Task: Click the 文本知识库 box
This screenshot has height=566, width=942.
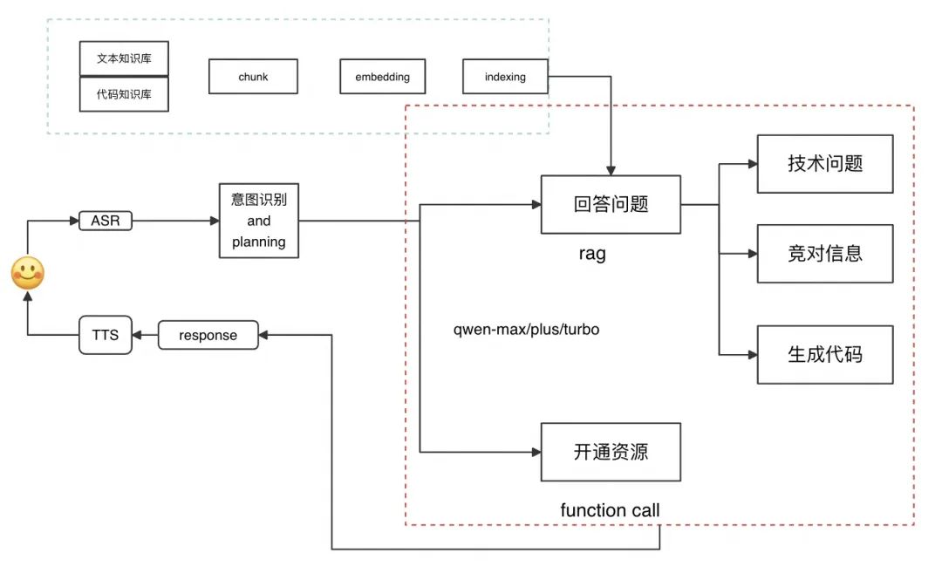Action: [124, 58]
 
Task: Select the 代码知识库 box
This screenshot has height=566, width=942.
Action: [124, 94]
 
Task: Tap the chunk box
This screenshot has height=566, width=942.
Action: [253, 77]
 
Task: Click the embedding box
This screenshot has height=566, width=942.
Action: [382, 77]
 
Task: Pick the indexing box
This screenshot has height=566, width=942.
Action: [505, 77]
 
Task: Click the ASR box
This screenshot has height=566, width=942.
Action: [106, 221]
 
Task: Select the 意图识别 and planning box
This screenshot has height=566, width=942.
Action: [259, 221]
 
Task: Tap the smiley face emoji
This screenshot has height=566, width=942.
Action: [27, 274]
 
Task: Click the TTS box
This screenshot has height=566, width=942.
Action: [106, 335]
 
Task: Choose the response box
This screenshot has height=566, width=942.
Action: [208, 335]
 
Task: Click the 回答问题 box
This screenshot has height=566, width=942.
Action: [611, 205]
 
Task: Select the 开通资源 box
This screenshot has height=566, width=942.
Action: [611, 452]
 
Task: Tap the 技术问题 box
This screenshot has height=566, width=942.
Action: [824, 164]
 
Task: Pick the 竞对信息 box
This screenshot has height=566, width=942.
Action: [824, 254]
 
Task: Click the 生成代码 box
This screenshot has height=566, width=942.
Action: [824, 355]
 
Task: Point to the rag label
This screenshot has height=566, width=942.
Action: [591, 254]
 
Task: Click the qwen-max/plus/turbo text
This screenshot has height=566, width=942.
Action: [526, 331]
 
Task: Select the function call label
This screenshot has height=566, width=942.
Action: [610, 510]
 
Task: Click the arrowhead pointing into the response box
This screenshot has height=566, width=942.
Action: [265, 335]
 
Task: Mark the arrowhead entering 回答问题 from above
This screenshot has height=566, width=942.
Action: [611, 170]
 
